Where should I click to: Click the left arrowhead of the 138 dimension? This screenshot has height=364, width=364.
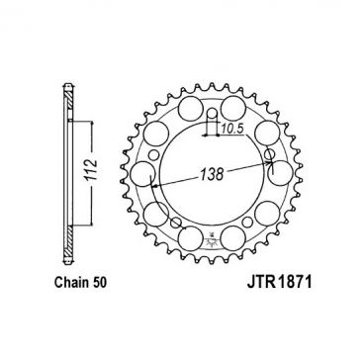point(152,184)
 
